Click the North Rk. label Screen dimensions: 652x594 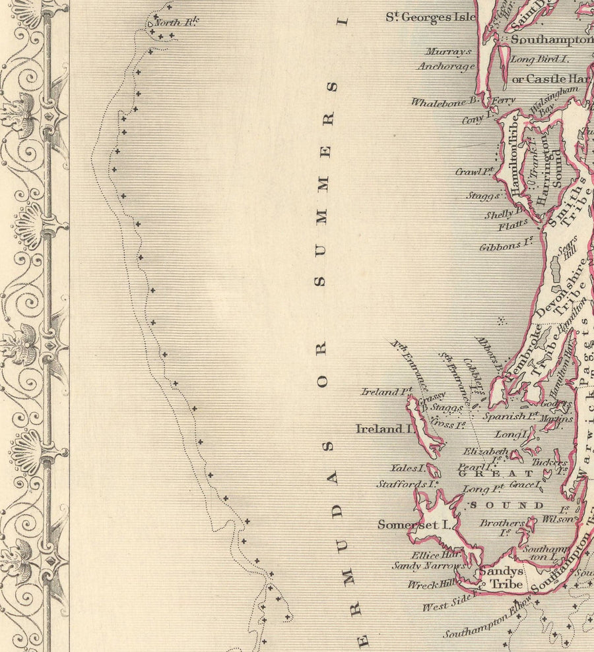176,22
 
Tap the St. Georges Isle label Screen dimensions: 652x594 430,18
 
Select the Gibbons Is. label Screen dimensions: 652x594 506,246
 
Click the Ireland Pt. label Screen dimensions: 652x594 387,392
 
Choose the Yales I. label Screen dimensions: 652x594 406,468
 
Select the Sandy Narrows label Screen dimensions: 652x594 428,566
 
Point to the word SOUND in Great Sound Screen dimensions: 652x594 507,505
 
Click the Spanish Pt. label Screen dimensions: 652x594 505,417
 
